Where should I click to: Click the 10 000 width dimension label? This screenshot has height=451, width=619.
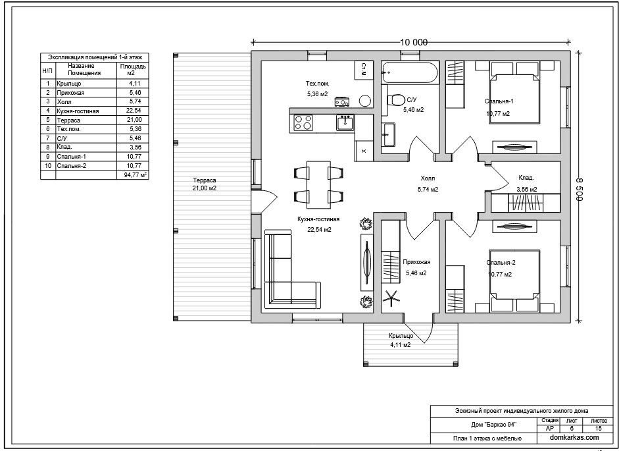pos(414,42)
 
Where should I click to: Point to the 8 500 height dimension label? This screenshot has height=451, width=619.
pos(579,190)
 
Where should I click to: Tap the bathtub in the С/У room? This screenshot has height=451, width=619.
pos(410,72)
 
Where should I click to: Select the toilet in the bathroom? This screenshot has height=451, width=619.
pos(395,99)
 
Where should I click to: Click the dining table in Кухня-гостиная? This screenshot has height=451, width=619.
pos(318,184)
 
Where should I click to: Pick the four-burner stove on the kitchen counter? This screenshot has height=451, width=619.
pos(303,122)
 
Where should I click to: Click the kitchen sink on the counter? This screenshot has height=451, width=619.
pos(345,122)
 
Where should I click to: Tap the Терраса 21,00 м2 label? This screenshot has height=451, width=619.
pos(205,184)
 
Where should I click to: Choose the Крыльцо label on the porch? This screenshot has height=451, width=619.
pos(401,336)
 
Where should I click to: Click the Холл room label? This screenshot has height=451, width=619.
pos(428,178)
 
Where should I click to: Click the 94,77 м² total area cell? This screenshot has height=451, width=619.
pos(133,174)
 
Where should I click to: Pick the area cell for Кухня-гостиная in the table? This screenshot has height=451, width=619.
pos(133,111)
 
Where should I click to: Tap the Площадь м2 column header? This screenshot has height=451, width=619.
pos(133,70)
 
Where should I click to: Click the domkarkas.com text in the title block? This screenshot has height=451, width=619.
pos(574,437)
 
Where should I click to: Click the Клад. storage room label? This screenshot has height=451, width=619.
pos(526,178)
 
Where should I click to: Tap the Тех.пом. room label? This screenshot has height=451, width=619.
pos(318,84)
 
